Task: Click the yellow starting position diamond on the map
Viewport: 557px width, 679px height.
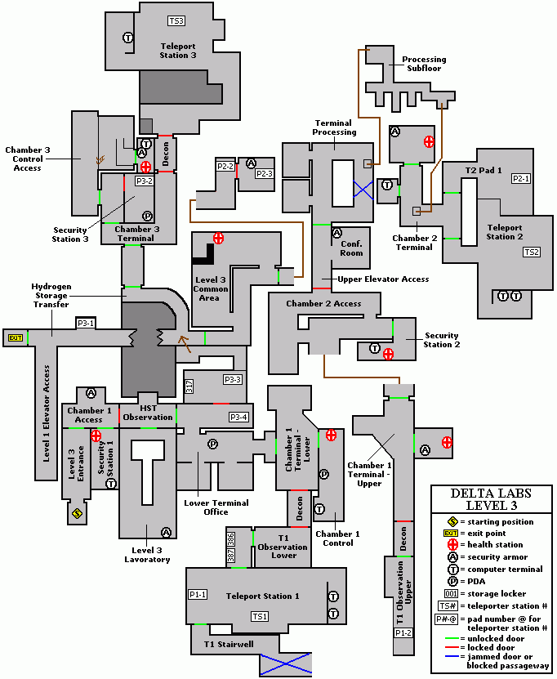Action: (76, 514)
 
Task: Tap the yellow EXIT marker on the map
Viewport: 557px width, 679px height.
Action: (15, 337)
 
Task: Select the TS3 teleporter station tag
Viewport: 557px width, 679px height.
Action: (176, 20)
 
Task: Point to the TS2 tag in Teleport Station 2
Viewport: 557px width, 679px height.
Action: (532, 252)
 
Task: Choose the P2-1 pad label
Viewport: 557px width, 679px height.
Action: (520, 178)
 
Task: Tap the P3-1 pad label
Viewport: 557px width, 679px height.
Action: (86, 324)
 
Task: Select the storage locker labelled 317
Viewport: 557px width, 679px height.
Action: (189, 386)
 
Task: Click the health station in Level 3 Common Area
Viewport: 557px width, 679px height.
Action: (218, 238)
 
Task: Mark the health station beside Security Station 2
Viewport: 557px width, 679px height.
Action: (389, 354)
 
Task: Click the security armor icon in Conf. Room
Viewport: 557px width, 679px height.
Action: (336, 233)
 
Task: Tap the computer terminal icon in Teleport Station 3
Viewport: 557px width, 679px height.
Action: (127, 38)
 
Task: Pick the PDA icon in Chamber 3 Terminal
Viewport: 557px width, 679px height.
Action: (147, 216)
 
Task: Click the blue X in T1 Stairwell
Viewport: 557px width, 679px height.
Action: (286, 663)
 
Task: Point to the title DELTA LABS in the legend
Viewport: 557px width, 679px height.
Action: (492, 493)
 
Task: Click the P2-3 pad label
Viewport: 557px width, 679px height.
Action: (264, 173)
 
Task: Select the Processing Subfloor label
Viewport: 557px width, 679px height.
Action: (424, 65)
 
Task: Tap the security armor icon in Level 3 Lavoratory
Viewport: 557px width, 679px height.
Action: (167, 532)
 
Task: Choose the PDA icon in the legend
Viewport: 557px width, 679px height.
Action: (450, 581)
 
